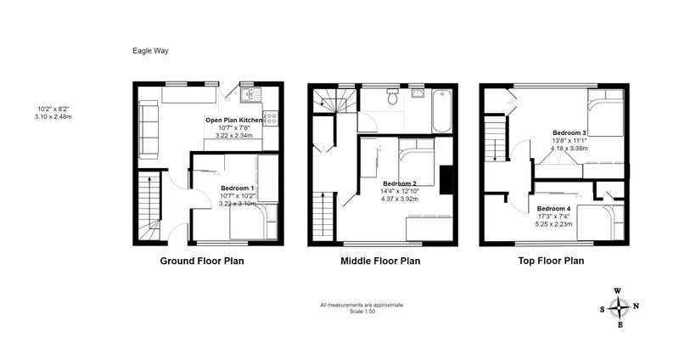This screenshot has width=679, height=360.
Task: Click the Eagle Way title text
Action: click(150, 51)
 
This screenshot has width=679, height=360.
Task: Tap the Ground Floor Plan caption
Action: click(202, 261)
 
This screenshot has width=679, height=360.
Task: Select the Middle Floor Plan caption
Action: click(380, 261)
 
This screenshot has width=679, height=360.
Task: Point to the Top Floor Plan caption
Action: click(551, 261)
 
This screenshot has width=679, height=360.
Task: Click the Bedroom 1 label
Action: click(238, 188)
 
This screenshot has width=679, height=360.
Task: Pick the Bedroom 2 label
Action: click(400, 183)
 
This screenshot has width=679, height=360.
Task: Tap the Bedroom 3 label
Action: click(569, 133)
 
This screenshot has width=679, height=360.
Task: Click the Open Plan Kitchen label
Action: click(234, 120)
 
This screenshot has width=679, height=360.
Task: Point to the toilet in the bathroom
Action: click(393, 97)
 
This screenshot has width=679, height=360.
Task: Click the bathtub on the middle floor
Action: click(442, 110)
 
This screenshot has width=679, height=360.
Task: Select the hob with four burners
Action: click(271, 118)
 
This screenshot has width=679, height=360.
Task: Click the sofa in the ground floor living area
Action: click(148, 129)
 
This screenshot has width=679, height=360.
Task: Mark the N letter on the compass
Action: click(636, 307)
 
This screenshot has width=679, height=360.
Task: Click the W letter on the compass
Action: click(618, 290)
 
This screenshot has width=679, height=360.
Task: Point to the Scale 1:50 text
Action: click(362, 311)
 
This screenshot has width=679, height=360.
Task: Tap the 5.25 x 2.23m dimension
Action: click(553, 224)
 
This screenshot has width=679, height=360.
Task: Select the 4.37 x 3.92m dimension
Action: click(400, 199)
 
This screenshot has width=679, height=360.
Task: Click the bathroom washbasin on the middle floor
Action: click(418, 93)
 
